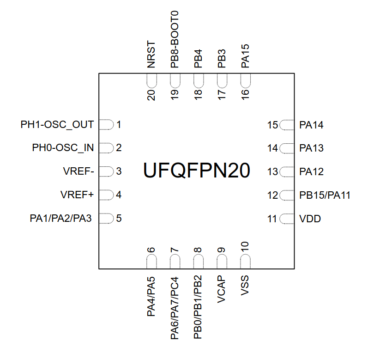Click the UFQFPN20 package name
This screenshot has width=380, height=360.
197,171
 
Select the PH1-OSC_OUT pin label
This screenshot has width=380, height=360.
57,125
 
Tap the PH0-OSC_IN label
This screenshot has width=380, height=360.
63,148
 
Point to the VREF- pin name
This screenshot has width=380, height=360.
78,171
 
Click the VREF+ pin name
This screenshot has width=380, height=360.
77,195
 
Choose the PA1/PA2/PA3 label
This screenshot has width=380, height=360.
61,218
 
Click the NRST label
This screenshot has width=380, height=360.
151,55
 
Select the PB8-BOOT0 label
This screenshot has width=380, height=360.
175,39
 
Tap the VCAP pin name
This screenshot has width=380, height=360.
221,289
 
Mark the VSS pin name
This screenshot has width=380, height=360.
245,286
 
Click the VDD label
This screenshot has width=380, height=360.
310,219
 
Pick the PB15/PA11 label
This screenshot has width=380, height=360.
325,195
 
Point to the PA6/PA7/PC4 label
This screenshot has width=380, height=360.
175,308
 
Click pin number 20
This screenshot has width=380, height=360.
151,95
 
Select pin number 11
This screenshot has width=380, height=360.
272,219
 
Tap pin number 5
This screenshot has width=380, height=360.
119,218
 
